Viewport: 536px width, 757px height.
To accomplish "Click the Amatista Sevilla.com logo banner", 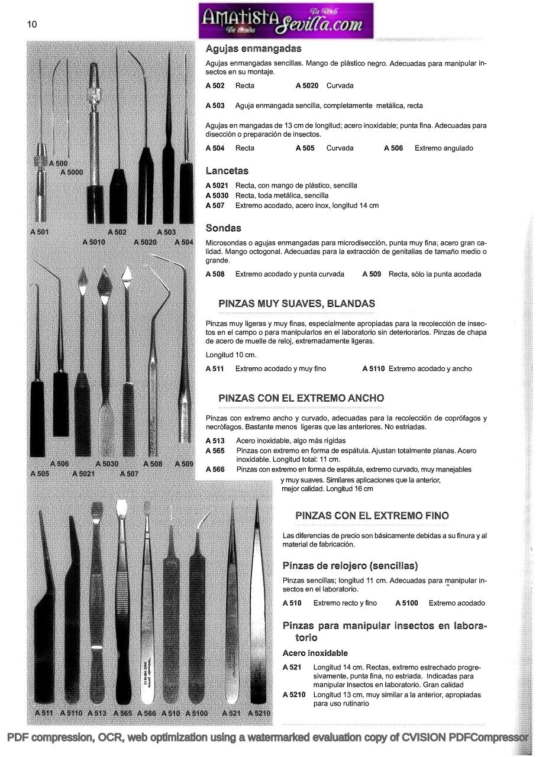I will pos(286,21).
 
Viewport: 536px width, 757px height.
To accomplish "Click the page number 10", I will pos(32,24).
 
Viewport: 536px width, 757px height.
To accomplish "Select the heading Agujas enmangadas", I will pos(253,48).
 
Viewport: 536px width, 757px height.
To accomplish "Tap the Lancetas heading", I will pos(227,171).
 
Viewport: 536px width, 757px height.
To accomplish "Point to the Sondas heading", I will pos(223,228).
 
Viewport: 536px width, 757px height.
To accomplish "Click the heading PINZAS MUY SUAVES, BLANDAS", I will pos(296,303).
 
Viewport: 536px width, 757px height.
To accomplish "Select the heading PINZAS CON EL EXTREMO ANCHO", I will pos(301,398).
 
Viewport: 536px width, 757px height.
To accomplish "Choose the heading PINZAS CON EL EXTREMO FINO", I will pos(372,516).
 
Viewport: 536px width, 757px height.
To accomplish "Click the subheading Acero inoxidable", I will pos(315,654).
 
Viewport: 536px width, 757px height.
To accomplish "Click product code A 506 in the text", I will pos(393,148).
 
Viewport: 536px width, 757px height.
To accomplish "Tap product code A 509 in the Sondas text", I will pos(372,274).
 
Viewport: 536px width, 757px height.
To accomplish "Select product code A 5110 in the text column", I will pos(373,369).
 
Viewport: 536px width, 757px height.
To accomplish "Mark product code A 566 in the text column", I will pos(215,470).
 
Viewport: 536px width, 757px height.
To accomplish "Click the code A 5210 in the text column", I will pos(294,695).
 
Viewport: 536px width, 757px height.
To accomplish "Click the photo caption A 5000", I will pos(72,173).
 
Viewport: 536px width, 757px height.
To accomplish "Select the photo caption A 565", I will pos(123,713).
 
